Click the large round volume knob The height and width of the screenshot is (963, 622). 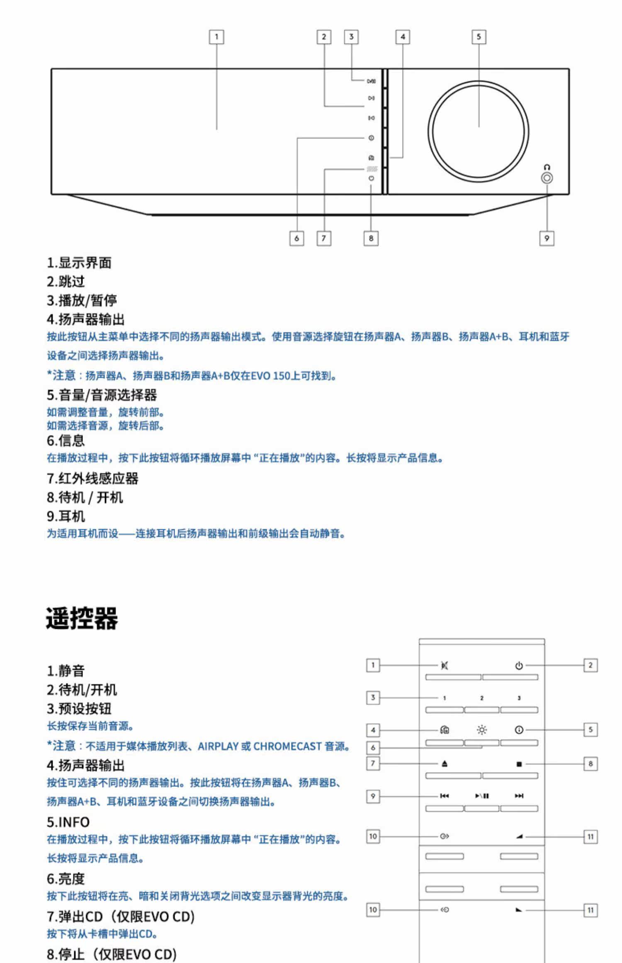coord(478,131)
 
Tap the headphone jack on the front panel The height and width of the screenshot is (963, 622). coord(547,178)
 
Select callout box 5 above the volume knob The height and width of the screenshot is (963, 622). coord(479,37)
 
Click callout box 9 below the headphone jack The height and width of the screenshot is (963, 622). coord(547,238)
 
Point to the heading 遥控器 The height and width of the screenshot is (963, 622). coord(82,618)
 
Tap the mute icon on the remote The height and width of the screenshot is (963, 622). coord(445,666)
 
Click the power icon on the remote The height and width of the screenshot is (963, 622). coord(519,666)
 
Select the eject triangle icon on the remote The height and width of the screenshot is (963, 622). coord(445,764)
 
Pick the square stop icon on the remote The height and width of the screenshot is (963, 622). coord(519,764)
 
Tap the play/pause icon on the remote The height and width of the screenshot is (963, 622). coord(482,796)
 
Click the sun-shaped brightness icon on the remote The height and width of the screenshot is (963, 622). coord(482,730)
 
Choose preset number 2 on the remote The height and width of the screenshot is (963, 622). coord(482,698)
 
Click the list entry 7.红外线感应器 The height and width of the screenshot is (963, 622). coord(92,479)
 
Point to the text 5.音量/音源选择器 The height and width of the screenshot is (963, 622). coord(102,395)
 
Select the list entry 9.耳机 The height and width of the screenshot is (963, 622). coord(66,516)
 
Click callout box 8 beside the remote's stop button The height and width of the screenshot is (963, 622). coord(590,764)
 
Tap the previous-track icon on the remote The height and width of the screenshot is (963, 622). coord(445,796)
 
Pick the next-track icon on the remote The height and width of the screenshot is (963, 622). coord(519,796)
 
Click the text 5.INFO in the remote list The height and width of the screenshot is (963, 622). coord(68,822)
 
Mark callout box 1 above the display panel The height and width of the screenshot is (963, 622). coord(216,37)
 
